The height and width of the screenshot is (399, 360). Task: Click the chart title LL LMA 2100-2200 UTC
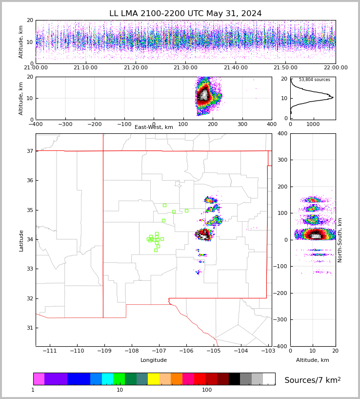click(185, 14)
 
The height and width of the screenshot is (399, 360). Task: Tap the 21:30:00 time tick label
click(185, 68)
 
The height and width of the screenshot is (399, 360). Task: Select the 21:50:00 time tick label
click(285, 68)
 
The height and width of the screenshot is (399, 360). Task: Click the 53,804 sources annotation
click(314, 80)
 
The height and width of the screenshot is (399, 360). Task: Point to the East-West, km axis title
click(154, 127)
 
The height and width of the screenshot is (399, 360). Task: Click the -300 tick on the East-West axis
click(65, 125)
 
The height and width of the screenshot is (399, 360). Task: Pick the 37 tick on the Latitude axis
click(29, 151)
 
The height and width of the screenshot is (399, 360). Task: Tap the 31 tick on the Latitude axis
click(29, 328)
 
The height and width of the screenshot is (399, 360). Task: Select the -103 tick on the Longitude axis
click(267, 351)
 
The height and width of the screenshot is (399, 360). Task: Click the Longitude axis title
click(154, 360)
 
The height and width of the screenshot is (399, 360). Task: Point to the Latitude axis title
click(21, 240)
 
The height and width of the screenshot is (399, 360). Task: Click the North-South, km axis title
click(340, 240)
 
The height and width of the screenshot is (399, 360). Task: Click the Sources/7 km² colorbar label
click(313, 380)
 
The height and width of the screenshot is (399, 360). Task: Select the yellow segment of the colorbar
click(154, 379)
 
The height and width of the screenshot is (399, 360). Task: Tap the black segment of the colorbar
click(234, 379)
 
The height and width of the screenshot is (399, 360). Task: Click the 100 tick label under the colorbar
click(207, 390)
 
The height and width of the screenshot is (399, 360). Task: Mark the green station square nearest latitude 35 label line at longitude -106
click(186, 210)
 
